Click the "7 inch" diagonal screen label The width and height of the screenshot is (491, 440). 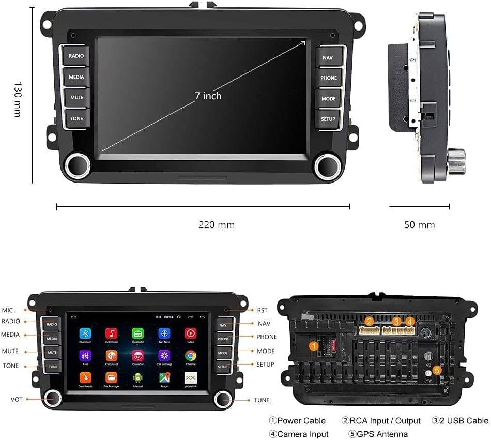(208, 96)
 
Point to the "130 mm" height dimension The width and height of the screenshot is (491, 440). (17, 99)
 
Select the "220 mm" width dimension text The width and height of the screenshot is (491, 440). (217, 225)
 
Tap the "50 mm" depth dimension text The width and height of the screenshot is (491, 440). (419, 225)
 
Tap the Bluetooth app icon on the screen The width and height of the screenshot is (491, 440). (85, 333)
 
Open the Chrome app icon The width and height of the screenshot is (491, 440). (191, 356)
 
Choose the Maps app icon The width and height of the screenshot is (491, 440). (164, 378)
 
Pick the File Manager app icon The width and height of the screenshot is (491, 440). (112, 378)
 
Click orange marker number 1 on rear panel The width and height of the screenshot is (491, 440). (314, 346)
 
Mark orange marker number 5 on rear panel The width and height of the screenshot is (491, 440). (437, 370)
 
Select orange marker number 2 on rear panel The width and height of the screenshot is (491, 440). (369, 322)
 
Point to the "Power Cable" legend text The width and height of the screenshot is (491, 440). (301, 421)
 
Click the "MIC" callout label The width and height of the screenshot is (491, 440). (7, 310)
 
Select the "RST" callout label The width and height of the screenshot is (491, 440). (263, 310)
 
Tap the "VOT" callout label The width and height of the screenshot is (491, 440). (17, 400)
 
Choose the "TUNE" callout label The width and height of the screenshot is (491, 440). (262, 400)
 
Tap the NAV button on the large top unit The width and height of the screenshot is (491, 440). (328, 58)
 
